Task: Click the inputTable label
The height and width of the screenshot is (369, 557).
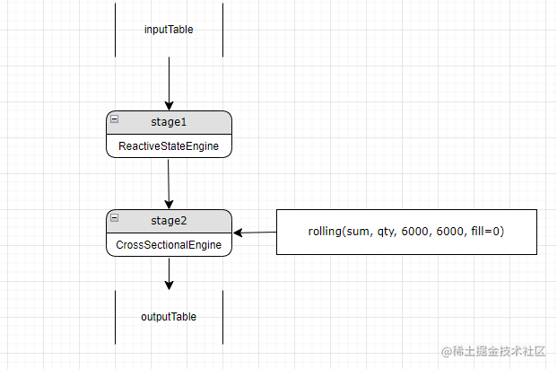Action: pyautogui.click(x=169, y=30)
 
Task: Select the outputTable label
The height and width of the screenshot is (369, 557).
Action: pyautogui.click(x=169, y=317)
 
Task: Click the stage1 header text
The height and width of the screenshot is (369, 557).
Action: pyautogui.click(x=169, y=121)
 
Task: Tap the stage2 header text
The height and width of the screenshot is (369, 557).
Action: pyautogui.click(x=169, y=220)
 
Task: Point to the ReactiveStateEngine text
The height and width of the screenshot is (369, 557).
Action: pyautogui.click(x=169, y=145)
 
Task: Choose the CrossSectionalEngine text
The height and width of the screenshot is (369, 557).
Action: pyautogui.click(x=169, y=244)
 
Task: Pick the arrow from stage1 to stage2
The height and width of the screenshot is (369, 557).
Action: pyautogui.click(x=169, y=183)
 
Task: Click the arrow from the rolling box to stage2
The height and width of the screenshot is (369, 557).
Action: pyautogui.click(x=255, y=233)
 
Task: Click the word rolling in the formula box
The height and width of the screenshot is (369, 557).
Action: pyautogui.click(x=326, y=232)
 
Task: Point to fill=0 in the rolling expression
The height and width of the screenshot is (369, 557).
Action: pyautogui.click(x=483, y=232)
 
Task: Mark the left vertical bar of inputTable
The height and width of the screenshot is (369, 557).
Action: pyautogui.click(x=116, y=29)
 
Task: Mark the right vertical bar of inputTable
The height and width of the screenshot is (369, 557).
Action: pyautogui.click(x=222, y=29)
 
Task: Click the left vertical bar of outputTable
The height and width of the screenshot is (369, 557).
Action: pyautogui.click(x=116, y=317)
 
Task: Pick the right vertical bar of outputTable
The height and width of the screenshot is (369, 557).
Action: pyautogui.click(x=222, y=317)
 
